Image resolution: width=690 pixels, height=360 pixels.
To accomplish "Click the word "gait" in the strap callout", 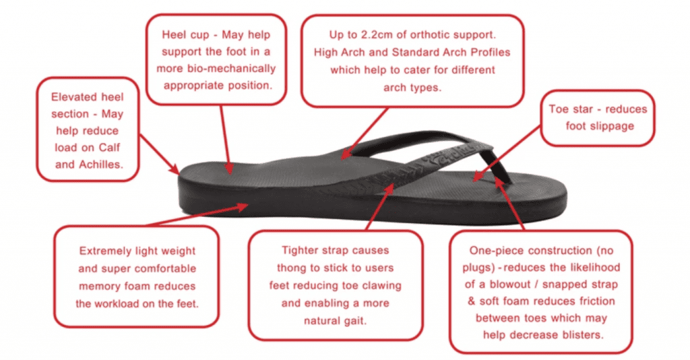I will (x=353, y=321).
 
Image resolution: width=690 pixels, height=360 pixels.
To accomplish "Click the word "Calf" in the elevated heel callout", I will (x=108, y=147).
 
